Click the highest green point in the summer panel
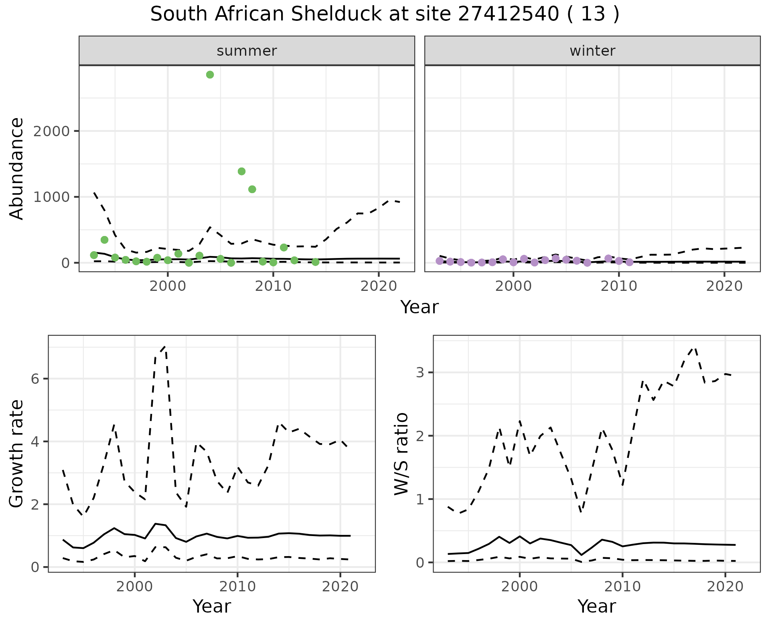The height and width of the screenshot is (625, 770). click(x=210, y=75)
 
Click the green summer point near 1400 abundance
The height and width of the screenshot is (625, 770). click(x=241, y=171)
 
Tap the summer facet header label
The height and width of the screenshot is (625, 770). click(x=247, y=51)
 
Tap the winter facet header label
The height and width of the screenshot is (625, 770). click(x=592, y=51)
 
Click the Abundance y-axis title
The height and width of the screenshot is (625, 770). click(x=17, y=168)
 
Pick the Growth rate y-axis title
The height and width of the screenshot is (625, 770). click(x=17, y=454)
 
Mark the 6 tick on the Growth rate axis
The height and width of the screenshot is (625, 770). click(x=35, y=379)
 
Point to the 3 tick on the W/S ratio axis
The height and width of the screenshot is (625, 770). click(x=420, y=373)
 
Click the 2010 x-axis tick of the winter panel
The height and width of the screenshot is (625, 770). click(x=619, y=286)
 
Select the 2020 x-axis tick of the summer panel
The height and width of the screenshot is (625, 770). click(x=379, y=286)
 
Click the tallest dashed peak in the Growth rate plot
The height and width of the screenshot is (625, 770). click(x=165, y=347)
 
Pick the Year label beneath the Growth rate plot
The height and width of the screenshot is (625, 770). click(x=212, y=606)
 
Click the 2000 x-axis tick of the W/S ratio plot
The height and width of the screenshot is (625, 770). click(x=519, y=587)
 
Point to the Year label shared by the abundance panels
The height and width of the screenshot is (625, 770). click(x=419, y=307)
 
